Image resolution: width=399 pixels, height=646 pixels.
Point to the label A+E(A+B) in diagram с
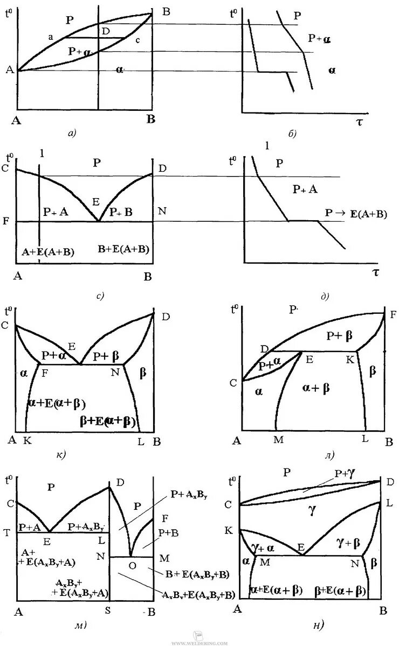pyautogui.click(x=48, y=251)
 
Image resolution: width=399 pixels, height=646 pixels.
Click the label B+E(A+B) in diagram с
pyautogui.click(x=123, y=249)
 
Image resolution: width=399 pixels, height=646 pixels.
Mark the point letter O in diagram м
pyautogui.click(x=132, y=565)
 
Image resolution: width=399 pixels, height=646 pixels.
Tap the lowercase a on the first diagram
pyautogui.click(x=50, y=37)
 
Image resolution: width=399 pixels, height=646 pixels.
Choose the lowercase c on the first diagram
pyautogui.click(x=137, y=40)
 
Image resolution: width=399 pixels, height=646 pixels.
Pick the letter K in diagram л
pyautogui.click(x=349, y=359)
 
